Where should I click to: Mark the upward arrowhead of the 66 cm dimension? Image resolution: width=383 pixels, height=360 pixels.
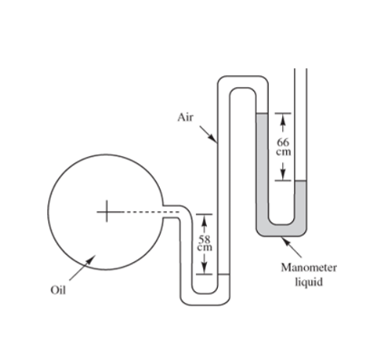click(283, 116)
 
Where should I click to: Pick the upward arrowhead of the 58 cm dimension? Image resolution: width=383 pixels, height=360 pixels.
click(204, 217)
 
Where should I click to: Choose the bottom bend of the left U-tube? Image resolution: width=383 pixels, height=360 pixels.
click(208, 296)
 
